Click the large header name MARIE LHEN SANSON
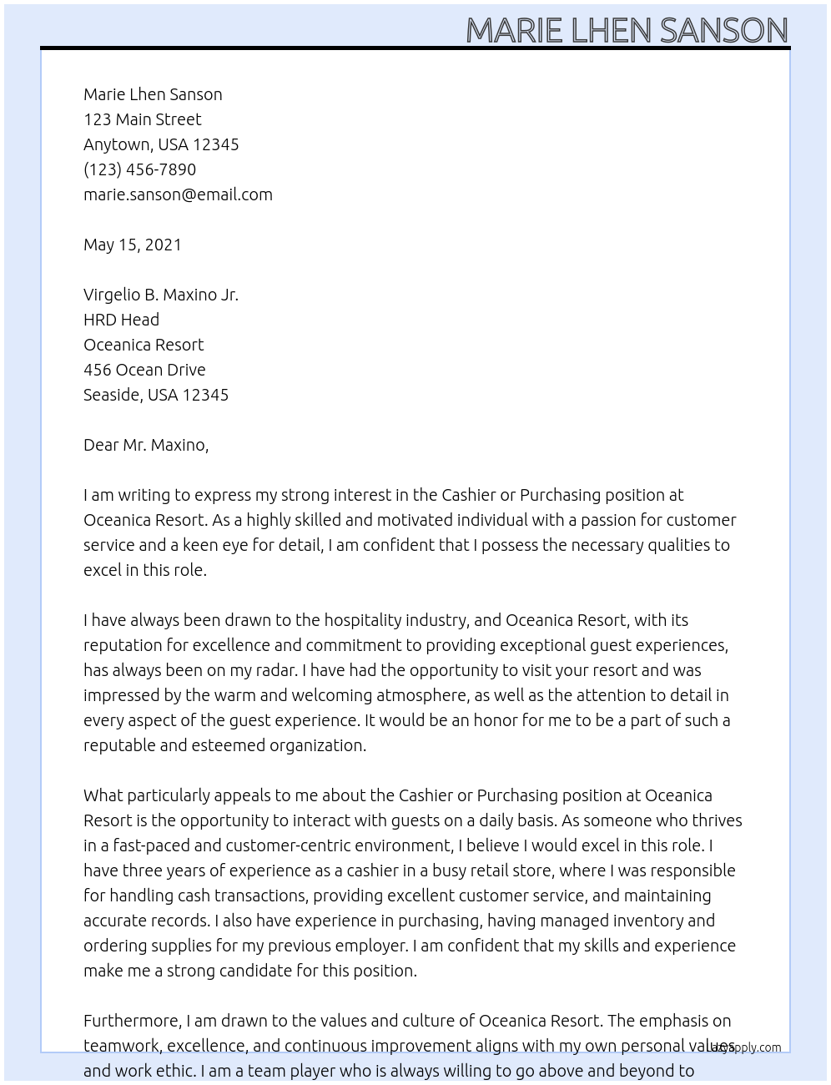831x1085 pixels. pyautogui.click(x=627, y=30)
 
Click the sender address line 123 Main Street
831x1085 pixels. pyautogui.click(x=143, y=119)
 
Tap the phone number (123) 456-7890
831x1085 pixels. pyautogui.click(x=139, y=169)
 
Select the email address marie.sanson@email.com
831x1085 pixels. pyautogui.click(x=178, y=194)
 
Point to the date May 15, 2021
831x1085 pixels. pyautogui.click(x=133, y=245)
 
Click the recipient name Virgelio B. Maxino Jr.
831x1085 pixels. pyautogui.click(x=161, y=295)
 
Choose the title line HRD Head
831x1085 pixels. pyautogui.click(x=121, y=320)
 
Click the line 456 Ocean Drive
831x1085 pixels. pyautogui.click(x=144, y=370)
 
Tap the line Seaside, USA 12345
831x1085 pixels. pyautogui.click(x=156, y=395)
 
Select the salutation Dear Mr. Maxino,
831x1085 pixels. pyautogui.click(x=146, y=445)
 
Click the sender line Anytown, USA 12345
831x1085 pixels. pyautogui.click(x=161, y=144)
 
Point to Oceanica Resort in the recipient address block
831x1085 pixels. pyautogui.click(x=144, y=345)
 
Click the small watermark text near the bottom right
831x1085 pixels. pyautogui.click(x=747, y=1047)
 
